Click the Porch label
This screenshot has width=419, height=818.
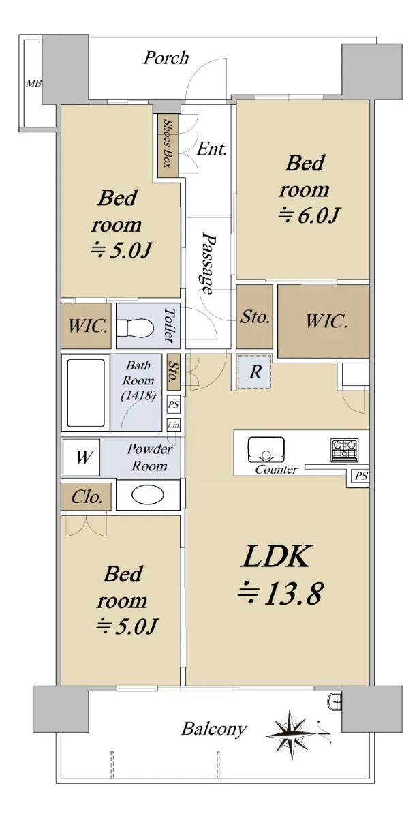pos(166,58)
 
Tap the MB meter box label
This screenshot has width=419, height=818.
pos(33,84)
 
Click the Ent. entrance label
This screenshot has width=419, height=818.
pos(212,149)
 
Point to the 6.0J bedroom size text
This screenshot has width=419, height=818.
pos(309,216)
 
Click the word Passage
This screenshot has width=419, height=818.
pos(209,264)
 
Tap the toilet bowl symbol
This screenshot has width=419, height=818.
pos(135,326)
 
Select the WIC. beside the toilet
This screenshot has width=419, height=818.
pos(86,326)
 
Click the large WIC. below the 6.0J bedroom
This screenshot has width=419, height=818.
pos(324,321)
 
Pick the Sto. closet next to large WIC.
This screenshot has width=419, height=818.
pos(254,317)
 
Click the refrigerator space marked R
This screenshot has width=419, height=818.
pos(255,372)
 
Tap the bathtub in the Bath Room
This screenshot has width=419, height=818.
pos(86,393)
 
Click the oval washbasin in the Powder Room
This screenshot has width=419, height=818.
pos(147,495)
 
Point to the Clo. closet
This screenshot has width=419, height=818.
pos(86,497)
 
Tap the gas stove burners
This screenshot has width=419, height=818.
pos(345,450)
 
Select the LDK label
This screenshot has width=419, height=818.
pos(277,556)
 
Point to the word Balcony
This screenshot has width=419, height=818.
pos(214,729)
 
